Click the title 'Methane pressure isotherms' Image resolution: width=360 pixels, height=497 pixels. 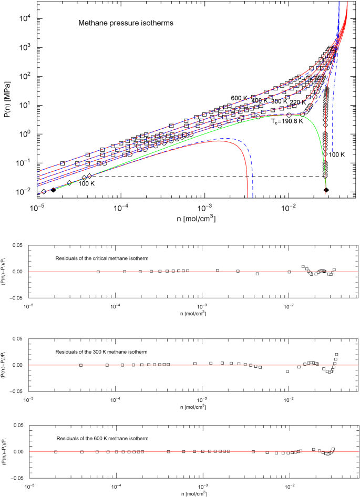(119, 24)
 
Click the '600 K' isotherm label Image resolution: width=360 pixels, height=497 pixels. (240, 98)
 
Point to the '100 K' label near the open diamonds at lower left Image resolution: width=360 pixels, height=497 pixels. (87, 184)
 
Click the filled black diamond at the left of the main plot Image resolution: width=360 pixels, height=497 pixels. (54, 190)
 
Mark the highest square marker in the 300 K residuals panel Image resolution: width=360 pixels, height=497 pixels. (337, 354)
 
